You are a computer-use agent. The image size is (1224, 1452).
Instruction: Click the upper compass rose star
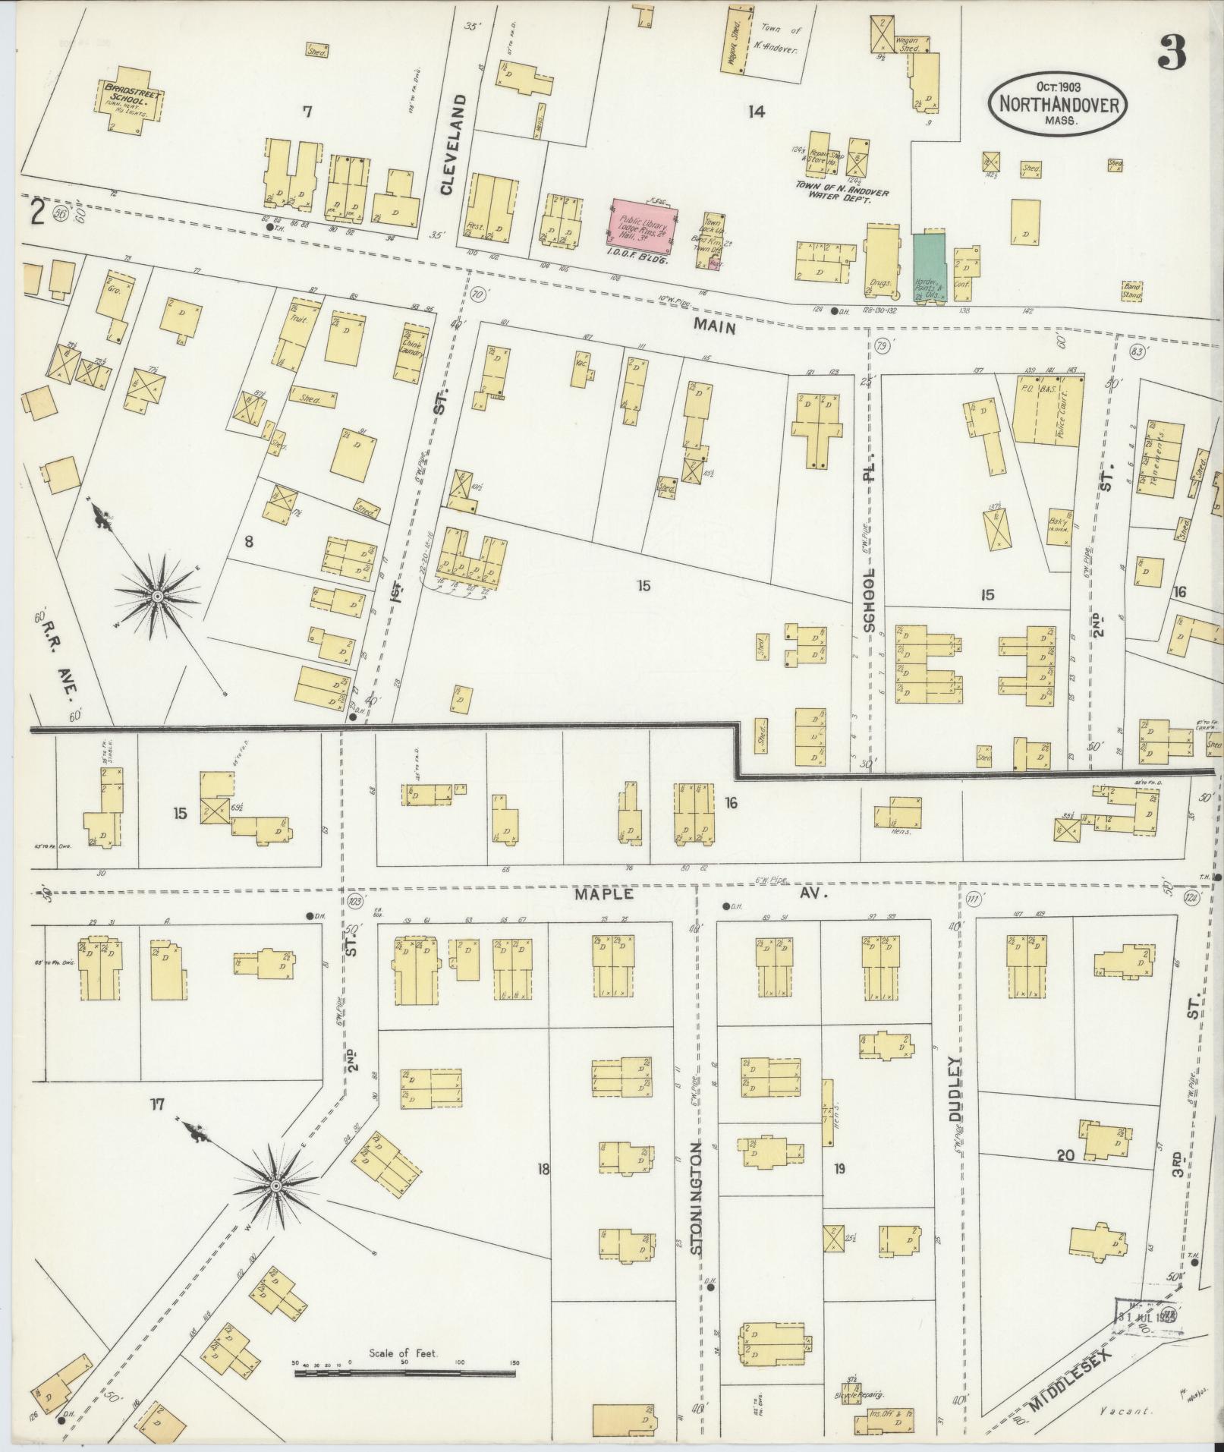pyautogui.click(x=157, y=598)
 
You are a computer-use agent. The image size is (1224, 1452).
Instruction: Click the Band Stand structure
pyautogui.click(x=1132, y=291)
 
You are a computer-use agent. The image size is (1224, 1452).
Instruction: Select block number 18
pyautogui.click(x=543, y=1190)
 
